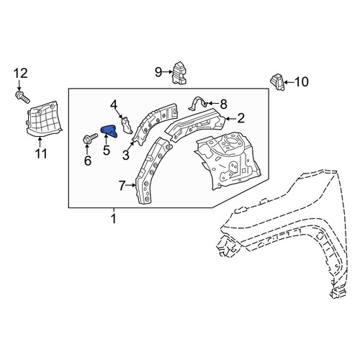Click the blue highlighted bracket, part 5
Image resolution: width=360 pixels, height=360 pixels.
tap(109, 132)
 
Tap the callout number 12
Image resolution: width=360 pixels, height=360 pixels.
tap(20, 73)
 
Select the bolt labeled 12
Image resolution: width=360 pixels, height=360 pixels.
tap(22, 96)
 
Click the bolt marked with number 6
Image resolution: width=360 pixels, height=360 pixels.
tap(90, 138)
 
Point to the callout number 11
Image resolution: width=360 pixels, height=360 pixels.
tap(40, 153)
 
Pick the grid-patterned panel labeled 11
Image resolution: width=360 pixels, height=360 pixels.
tap(44, 120)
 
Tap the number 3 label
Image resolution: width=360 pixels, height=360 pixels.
tap(126, 155)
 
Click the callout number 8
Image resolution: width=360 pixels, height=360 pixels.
tap(223, 104)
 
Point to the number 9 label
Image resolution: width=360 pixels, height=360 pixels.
tap(158, 72)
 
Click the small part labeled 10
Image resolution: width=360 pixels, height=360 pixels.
tap(277, 82)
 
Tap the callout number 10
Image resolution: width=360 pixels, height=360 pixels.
tap(302, 82)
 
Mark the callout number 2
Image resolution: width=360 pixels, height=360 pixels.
tap(240, 119)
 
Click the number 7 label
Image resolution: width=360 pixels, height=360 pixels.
tap(122, 186)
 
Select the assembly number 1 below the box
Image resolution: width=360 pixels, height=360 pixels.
tap(114, 219)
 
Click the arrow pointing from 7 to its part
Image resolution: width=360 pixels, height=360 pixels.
tap(131, 185)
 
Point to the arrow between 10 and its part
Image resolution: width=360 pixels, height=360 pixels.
tap(289, 82)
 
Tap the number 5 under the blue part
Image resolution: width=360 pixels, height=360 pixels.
tap(107, 150)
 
